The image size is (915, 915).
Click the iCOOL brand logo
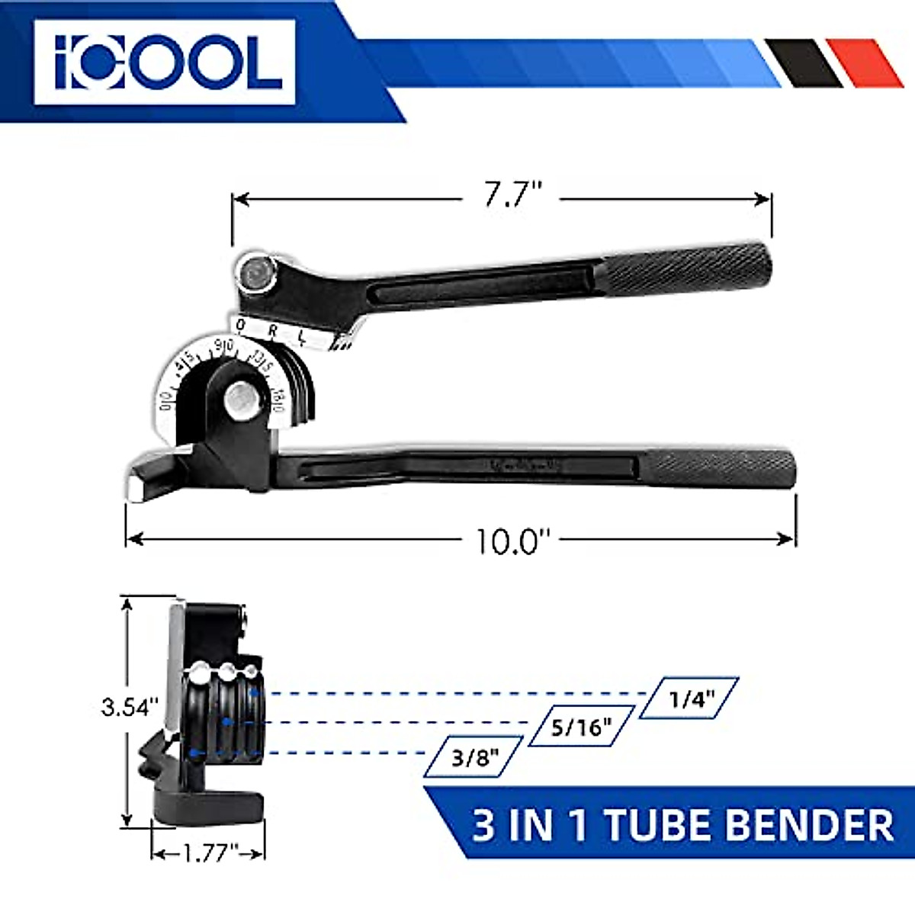tap(164, 62)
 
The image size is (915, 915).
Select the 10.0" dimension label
tap(512, 541)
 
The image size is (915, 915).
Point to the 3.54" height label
tap(130, 706)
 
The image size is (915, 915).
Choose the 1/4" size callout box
tap(689, 698)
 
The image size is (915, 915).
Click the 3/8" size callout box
tap(474, 756)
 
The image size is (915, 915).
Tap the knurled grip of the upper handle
tap(690, 269)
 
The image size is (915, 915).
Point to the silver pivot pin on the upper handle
tap(255, 271)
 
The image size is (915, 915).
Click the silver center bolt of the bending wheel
tap(242, 397)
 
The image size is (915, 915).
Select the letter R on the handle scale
tap(272, 331)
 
